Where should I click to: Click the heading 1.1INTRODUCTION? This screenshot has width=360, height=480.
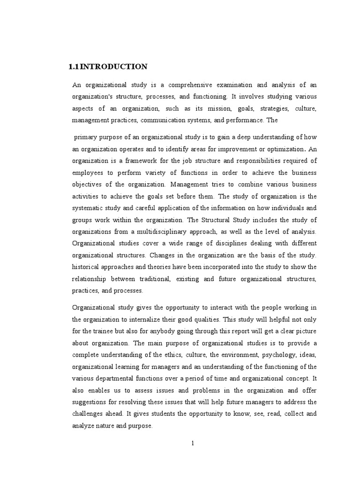click(x=108, y=67)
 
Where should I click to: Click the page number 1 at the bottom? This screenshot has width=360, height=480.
click(x=193, y=443)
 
